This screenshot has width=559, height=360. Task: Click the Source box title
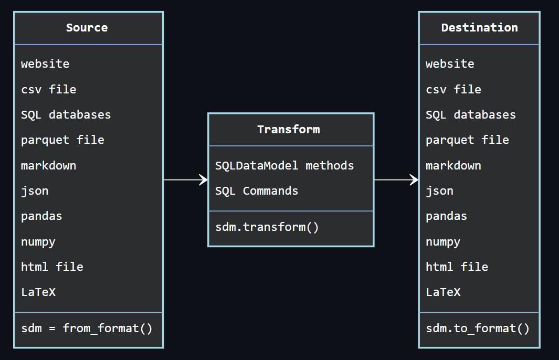tap(87, 28)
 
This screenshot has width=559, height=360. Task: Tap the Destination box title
tap(479, 28)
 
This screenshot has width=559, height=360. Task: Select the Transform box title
tap(288, 130)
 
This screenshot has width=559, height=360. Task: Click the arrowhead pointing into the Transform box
tap(204, 180)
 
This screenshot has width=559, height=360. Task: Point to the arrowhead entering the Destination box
tap(414, 180)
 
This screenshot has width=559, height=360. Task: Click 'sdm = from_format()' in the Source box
tap(87, 329)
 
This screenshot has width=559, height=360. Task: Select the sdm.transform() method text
tap(267, 227)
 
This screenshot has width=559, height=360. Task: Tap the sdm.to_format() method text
tap(478, 329)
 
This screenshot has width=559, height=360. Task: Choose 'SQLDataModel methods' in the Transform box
tap(284, 166)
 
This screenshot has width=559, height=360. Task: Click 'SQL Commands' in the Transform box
tap(257, 191)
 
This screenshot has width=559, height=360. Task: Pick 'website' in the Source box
tap(45, 64)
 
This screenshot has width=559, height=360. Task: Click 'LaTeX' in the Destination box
tap(443, 292)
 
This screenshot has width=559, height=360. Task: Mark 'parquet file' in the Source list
tap(62, 140)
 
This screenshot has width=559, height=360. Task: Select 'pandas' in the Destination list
tap(446, 216)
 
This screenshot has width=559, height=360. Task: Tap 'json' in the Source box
tap(35, 191)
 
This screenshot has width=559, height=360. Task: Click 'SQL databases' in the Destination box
tap(471, 115)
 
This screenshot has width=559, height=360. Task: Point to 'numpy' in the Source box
tap(38, 242)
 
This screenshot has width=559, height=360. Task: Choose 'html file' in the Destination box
tap(457, 267)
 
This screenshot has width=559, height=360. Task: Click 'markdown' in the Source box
tap(49, 166)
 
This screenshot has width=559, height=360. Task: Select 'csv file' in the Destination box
tap(453, 90)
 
